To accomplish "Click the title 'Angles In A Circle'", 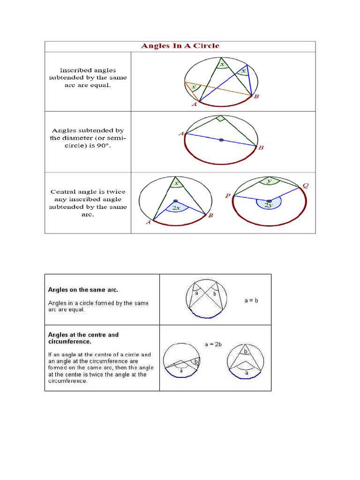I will [x=180, y=46].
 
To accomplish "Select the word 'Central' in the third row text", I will [x=62, y=192].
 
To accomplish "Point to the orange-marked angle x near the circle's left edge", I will [x=193, y=87].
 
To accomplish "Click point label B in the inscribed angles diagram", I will [x=256, y=97].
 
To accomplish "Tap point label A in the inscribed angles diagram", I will [x=194, y=105].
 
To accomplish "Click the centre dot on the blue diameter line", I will [x=221, y=140].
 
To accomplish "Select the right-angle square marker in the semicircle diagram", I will [x=220, y=119].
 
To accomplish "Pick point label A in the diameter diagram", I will [x=181, y=134].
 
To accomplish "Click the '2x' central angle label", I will [x=176, y=207].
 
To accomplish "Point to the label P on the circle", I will [x=227, y=195].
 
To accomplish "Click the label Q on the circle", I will [x=306, y=186].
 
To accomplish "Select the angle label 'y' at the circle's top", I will [x=269, y=180].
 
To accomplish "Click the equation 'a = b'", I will [x=251, y=300].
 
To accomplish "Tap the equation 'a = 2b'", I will [x=213, y=344].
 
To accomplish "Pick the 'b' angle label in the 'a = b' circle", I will [x=214, y=294].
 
